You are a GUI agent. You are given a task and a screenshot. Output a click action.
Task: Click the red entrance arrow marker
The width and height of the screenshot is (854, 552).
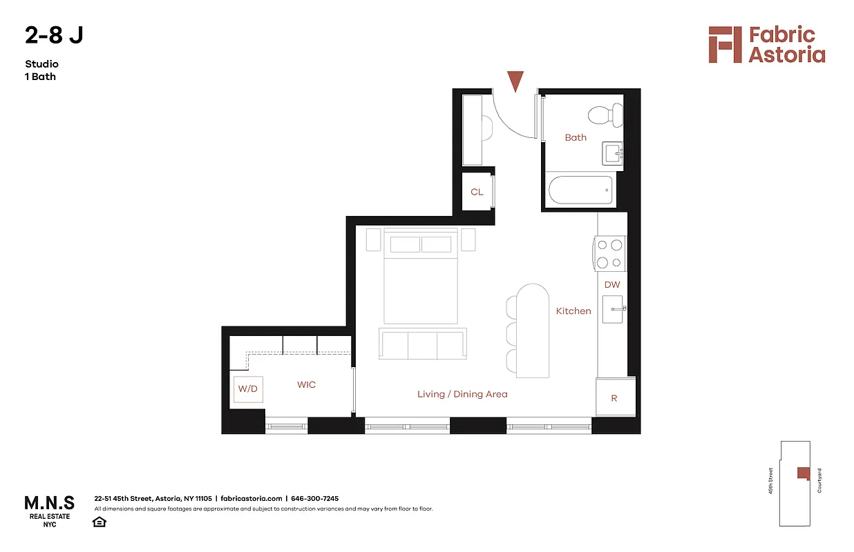click(515, 80)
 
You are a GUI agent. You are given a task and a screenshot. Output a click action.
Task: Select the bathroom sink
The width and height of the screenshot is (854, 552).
click(612, 154)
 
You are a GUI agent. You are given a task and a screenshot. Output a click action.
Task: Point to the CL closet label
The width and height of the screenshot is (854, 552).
click(477, 192)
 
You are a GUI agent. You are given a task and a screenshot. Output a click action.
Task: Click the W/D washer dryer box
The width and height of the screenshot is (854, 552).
click(247, 389)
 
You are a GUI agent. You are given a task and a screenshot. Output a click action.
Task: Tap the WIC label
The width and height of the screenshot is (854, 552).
click(306, 384)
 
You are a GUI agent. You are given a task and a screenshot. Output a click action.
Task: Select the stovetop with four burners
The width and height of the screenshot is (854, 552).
click(609, 253)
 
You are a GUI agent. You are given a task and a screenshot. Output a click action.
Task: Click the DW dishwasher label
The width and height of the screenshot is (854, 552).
click(612, 284)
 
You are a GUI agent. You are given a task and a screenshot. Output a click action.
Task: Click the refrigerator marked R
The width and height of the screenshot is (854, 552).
click(615, 398)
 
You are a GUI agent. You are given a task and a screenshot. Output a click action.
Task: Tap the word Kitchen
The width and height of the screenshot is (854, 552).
click(573, 311)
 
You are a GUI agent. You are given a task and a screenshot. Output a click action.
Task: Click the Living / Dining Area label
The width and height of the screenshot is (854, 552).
click(462, 394)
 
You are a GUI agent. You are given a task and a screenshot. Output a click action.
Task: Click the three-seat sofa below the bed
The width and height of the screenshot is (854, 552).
click(422, 344)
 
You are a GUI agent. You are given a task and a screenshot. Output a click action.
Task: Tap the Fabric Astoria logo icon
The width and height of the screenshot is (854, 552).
click(723, 45)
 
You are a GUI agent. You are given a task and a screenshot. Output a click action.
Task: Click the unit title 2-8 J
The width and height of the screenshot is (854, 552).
click(54, 35)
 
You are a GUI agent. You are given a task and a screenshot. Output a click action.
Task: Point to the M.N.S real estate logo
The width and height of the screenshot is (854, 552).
click(49, 509)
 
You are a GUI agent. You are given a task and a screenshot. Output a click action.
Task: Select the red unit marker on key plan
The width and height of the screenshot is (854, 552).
click(803, 473)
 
